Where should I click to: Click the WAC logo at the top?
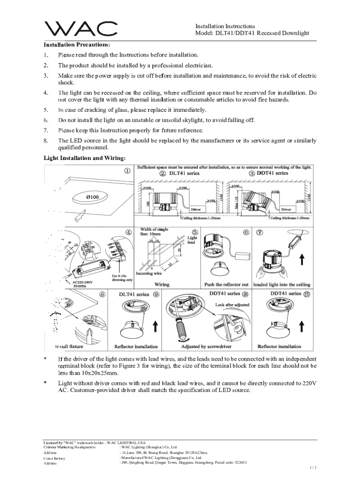(x=80, y=29)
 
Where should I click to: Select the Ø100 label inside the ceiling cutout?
(x=92, y=197)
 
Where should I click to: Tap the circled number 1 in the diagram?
(x=127, y=171)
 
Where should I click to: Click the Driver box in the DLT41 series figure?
(x=195, y=210)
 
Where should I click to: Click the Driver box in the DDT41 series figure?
(x=286, y=210)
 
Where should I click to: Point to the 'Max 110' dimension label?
(x=237, y=202)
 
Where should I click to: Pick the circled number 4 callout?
(x=128, y=232)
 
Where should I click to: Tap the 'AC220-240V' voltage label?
(x=82, y=283)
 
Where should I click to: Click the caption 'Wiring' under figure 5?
(x=162, y=284)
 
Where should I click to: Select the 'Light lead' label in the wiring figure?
(x=192, y=240)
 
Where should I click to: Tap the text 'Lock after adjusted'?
(x=232, y=305)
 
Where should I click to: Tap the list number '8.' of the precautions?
(x=46, y=140)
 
